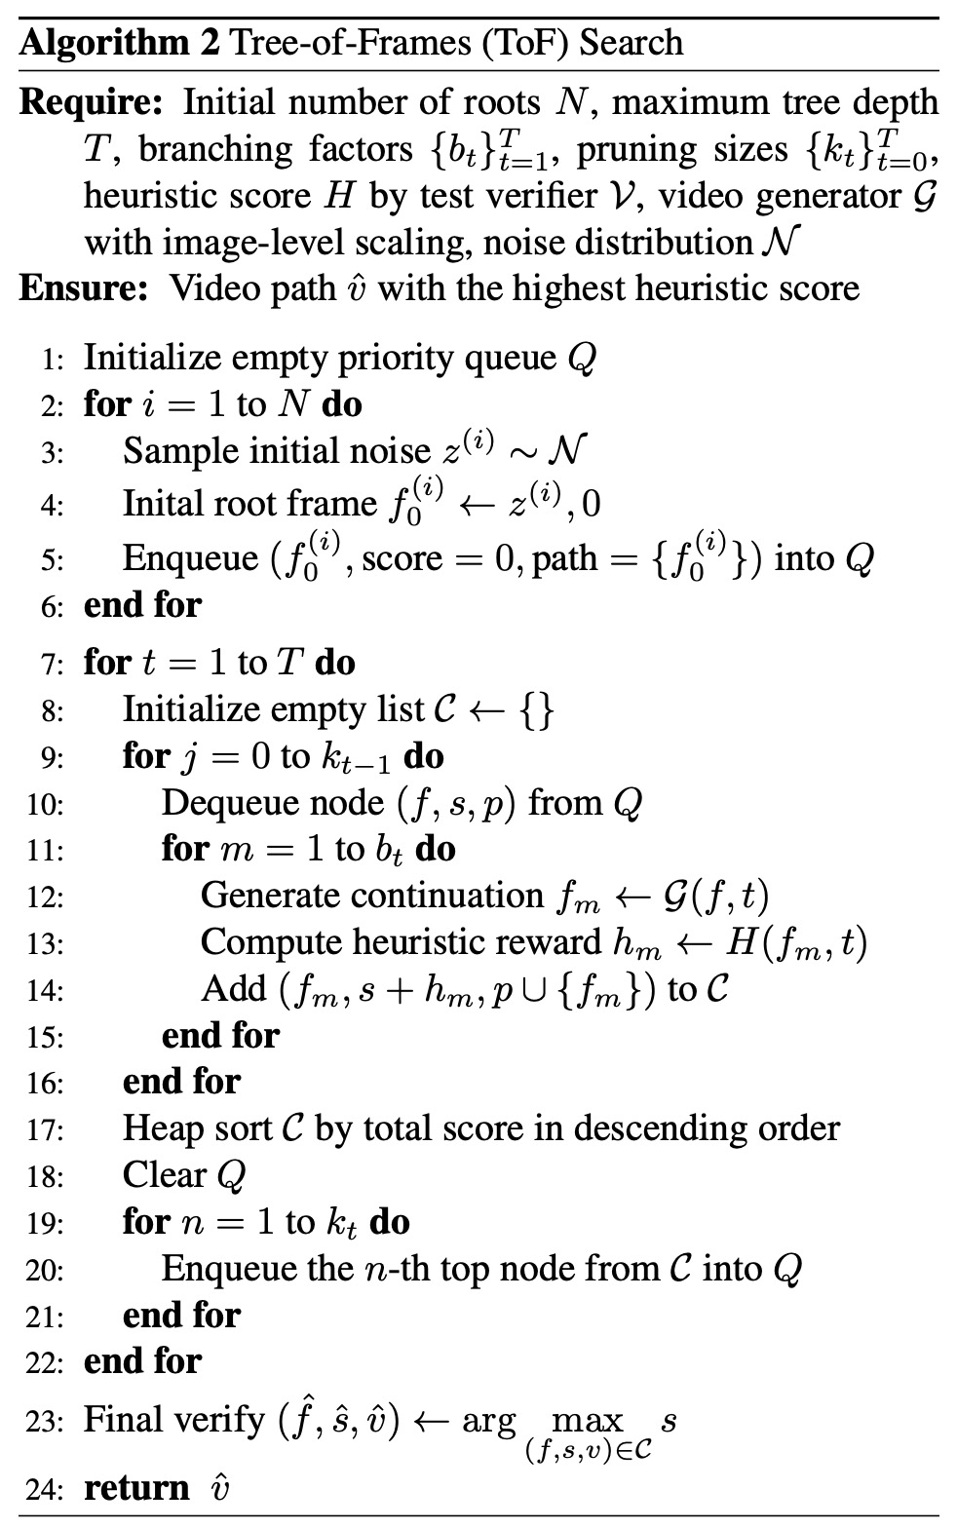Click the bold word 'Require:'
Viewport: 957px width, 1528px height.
click(94, 102)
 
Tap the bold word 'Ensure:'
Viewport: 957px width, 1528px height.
click(83, 289)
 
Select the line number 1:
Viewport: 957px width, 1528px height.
click(52, 361)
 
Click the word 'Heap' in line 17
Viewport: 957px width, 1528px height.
click(161, 1129)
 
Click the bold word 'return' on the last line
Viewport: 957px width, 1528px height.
click(136, 1489)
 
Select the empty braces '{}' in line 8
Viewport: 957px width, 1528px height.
click(537, 710)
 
